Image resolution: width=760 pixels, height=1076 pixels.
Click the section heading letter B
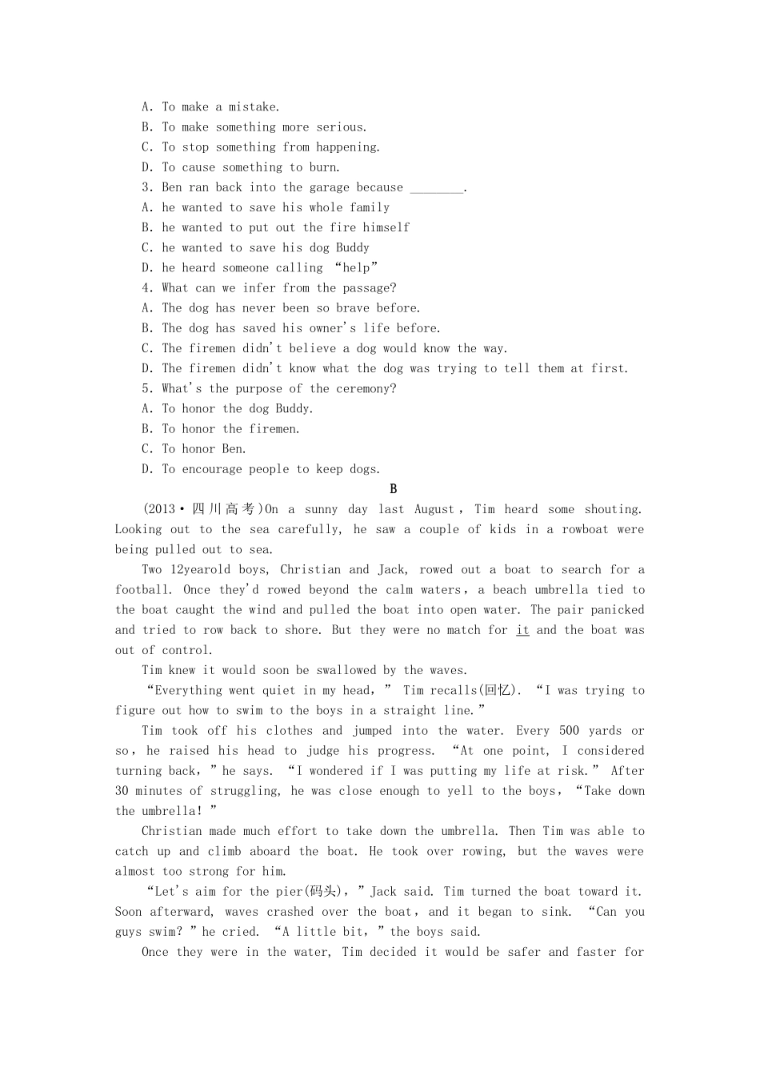pyautogui.click(x=393, y=489)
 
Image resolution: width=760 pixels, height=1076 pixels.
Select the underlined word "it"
pyautogui.click(x=522, y=630)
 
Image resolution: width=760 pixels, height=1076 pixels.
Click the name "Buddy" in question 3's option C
pyautogui.click(x=353, y=247)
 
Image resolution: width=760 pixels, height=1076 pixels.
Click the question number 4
pyautogui.click(x=146, y=288)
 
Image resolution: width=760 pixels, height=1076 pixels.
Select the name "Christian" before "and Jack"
pyautogui.click(x=310, y=569)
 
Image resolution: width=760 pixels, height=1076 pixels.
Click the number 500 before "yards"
pyautogui.click(x=569, y=730)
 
